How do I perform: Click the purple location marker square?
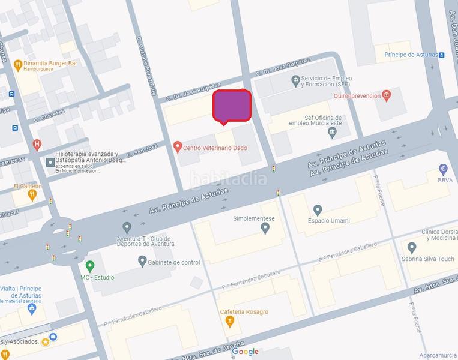click(x=232, y=106)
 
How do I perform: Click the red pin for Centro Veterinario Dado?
click(x=177, y=146)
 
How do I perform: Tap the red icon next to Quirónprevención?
click(x=386, y=95)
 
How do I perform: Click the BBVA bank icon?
click(x=443, y=169)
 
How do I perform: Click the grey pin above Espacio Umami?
click(x=318, y=209)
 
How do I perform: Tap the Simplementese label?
click(x=253, y=218)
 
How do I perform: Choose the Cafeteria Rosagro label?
click(x=244, y=312)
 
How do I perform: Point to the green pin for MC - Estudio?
click(x=90, y=266)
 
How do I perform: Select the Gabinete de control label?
click(x=173, y=262)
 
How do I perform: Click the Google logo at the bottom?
click(x=245, y=352)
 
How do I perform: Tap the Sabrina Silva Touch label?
click(x=428, y=259)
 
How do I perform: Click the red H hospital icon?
click(x=37, y=145)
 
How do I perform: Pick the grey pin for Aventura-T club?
click(x=127, y=227)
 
